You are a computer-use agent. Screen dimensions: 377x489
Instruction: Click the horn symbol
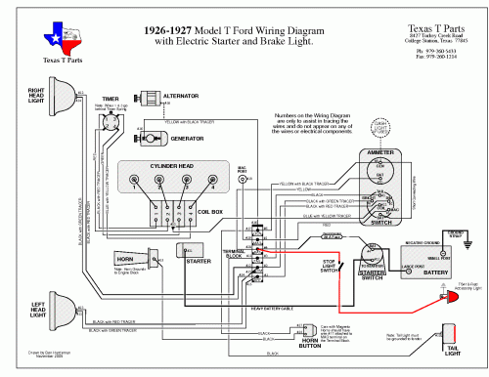point(117,263)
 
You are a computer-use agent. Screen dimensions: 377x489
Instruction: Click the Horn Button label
point(312,344)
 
